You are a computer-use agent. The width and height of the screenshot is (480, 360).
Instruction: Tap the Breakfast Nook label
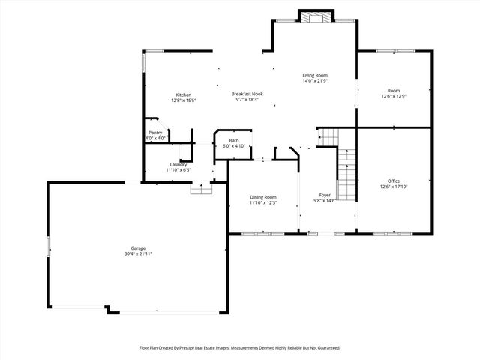247,94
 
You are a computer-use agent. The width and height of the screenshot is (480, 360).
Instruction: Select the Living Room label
315,75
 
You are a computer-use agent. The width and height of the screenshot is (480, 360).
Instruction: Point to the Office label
394,181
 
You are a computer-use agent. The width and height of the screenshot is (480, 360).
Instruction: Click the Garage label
138,248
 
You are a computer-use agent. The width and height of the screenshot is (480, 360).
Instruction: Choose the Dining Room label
263,197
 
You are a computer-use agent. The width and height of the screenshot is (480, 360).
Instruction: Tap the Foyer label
325,195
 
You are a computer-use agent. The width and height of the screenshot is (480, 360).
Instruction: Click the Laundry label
178,164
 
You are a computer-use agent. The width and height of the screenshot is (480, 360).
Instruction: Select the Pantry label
155,133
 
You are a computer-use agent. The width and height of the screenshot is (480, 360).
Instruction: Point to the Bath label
234,140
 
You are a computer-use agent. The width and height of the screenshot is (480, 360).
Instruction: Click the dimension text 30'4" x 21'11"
138,254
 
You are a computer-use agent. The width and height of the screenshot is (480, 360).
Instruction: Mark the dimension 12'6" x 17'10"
394,187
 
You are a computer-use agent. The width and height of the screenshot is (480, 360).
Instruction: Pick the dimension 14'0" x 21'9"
315,81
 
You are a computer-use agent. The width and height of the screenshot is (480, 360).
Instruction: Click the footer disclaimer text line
240,348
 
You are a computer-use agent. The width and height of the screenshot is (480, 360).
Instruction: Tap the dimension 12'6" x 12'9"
394,96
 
